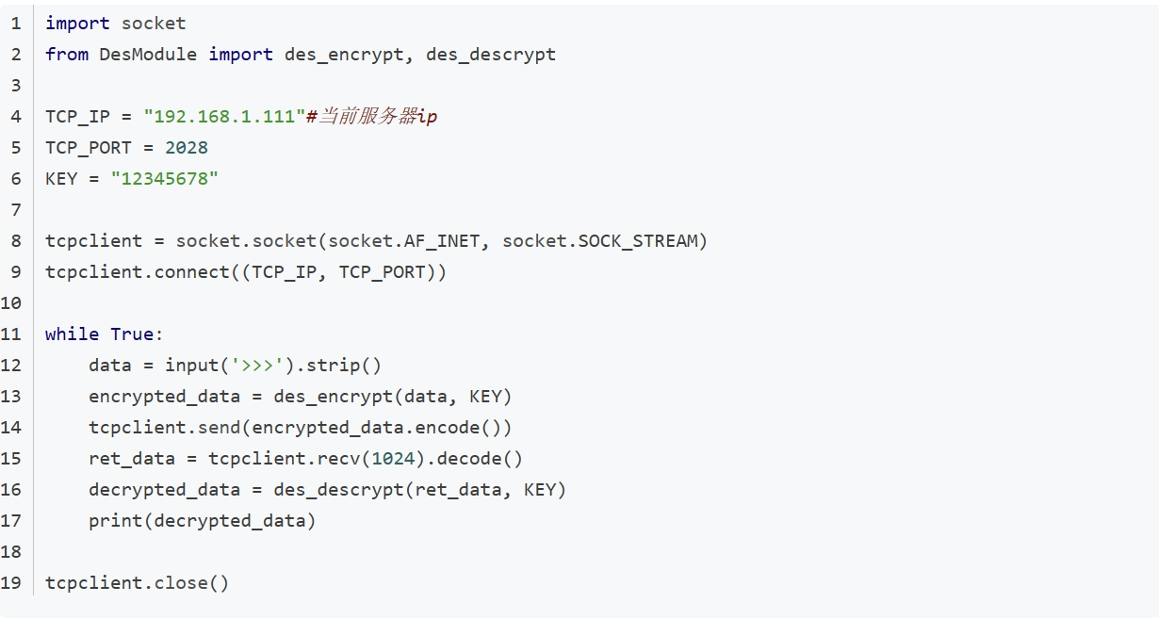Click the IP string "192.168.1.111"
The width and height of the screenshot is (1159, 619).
click(224, 117)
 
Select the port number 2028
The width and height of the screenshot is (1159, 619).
click(187, 148)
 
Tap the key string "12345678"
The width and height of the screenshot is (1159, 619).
click(165, 179)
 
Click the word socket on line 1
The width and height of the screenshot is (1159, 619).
click(154, 24)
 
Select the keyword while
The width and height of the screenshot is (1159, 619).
click(72, 334)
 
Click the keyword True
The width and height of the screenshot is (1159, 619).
click(133, 334)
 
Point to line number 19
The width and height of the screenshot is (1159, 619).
click(11, 583)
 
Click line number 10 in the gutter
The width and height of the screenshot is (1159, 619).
click(11, 303)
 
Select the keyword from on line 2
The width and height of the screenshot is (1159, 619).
click(67, 55)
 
